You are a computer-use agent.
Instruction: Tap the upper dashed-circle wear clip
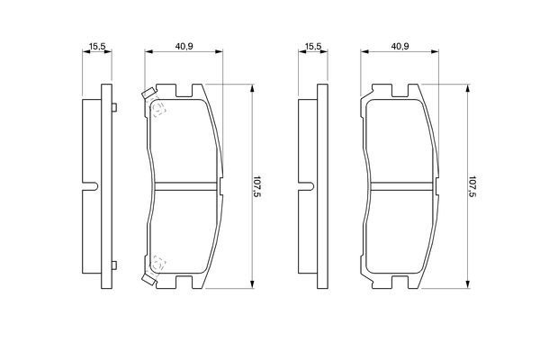pyautogui.click(x=159, y=110)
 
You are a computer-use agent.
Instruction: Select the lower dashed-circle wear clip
pyautogui.click(x=159, y=262)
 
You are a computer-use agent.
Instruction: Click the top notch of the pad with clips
pyautogui.click(x=184, y=90)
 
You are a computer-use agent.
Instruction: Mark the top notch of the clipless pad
pyautogui.click(x=399, y=90)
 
